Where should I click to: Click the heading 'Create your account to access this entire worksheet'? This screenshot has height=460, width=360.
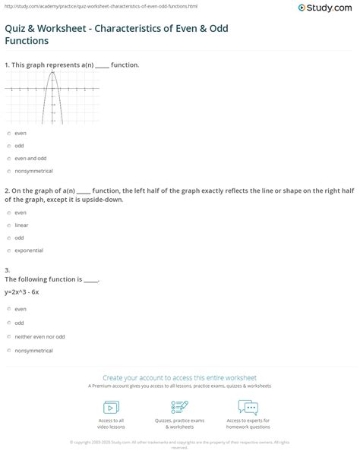click(180, 377)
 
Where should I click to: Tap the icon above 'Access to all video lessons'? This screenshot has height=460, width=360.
click(112, 405)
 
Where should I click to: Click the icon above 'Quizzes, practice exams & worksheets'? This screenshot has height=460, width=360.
click(180, 405)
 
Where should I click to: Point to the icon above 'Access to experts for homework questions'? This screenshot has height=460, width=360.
click(248, 405)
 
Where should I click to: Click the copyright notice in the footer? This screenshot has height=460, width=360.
click(180, 444)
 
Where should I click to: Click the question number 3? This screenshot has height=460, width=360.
click(6, 270)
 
